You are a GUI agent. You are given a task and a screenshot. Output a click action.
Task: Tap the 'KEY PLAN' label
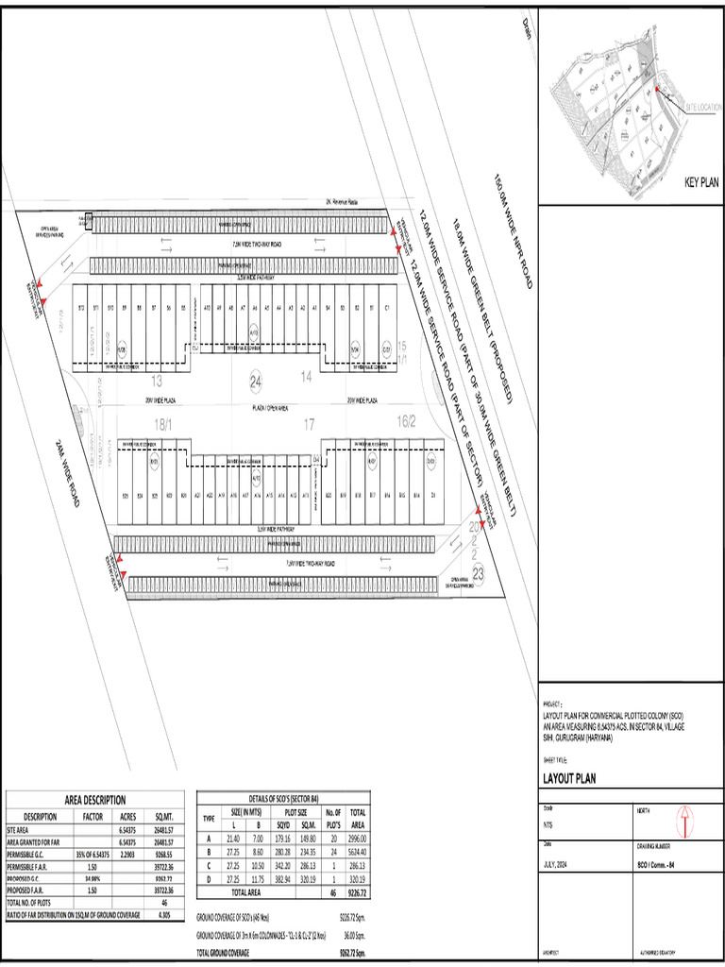[x=701, y=183]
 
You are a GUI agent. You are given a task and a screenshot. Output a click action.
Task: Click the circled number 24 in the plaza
[x=255, y=382]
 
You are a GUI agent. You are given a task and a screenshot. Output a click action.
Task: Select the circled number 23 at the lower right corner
[x=479, y=573]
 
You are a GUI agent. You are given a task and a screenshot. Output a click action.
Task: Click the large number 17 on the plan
[x=308, y=425]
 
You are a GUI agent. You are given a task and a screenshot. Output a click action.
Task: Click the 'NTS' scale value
[x=548, y=823]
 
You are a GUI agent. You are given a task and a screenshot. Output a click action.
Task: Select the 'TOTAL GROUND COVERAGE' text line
[x=223, y=953]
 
